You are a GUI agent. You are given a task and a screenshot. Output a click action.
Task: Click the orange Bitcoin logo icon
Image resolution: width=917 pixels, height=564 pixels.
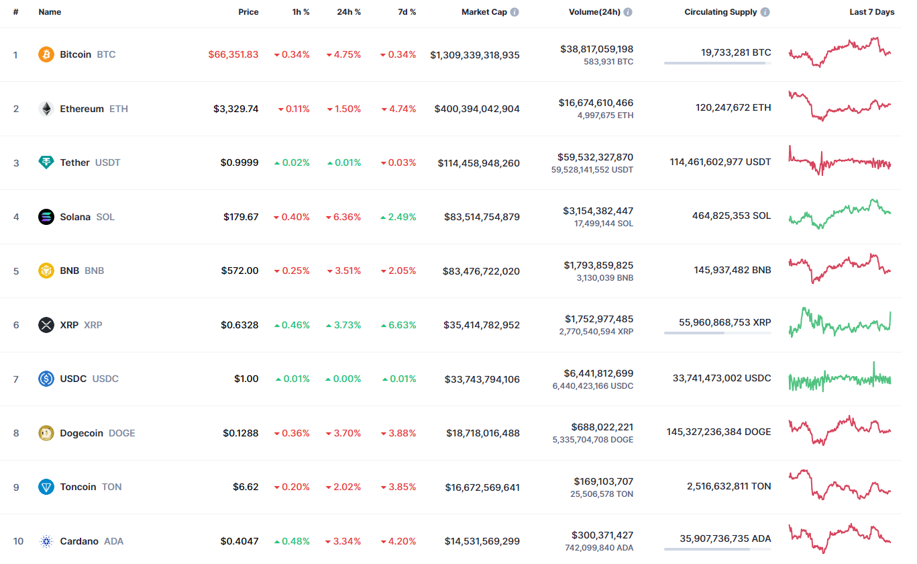[x=46, y=54]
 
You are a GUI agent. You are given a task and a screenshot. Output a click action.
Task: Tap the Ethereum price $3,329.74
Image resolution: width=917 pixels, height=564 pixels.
[x=236, y=109]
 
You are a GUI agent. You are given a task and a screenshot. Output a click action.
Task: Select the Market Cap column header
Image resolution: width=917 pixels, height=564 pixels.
[x=484, y=12]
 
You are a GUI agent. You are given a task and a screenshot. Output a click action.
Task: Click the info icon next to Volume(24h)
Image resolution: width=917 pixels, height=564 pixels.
[x=628, y=12]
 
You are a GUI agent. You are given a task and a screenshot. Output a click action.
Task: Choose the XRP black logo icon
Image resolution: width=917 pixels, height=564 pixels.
[x=46, y=325]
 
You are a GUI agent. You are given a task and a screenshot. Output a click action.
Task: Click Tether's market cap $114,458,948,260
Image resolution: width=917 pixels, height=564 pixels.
[x=478, y=163]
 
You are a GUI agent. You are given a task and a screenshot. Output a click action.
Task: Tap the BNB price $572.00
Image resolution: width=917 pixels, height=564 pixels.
[x=240, y=271]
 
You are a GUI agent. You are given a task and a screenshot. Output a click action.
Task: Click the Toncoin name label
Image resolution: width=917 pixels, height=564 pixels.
[x=78, y=487]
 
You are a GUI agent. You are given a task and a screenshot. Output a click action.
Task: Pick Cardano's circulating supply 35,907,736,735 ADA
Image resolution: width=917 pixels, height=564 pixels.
[x=725, y=538]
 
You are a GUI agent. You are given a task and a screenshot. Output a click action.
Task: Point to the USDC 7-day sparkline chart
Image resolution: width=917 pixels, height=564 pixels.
[x=840, y=377]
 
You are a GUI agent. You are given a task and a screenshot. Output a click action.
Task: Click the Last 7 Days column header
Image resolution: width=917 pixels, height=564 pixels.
[x=871, y=12]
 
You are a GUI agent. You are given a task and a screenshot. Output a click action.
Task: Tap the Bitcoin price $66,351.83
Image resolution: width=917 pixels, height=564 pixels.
[x=233, y=54]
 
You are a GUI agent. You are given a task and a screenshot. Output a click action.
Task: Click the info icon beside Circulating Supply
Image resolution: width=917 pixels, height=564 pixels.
[x=765, y=12]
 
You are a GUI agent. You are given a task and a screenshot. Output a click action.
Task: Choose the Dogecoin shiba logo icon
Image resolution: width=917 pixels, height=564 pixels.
[x=46, y=433]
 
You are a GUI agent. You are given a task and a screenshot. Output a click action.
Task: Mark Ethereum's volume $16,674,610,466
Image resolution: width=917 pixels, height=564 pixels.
[x=596, y=103]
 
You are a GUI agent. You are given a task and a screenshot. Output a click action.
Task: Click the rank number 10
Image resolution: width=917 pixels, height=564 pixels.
[x=18, y=541]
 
